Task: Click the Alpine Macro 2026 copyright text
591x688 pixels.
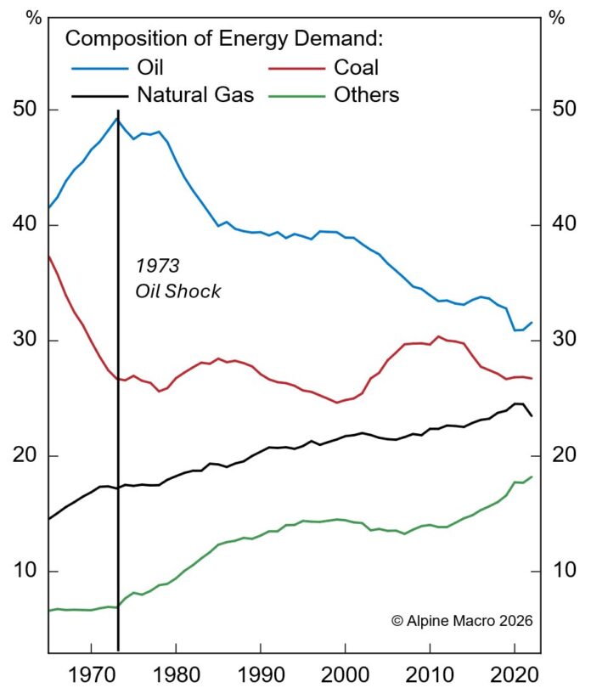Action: pos(462,621)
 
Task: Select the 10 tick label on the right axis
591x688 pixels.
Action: pos(565,571)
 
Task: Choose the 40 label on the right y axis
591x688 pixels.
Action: pos(565,225)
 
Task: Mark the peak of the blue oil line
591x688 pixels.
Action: pos(117,118)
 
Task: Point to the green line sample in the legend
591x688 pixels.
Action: pos(297,95)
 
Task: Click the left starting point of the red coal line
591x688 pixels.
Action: pos(49,256)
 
